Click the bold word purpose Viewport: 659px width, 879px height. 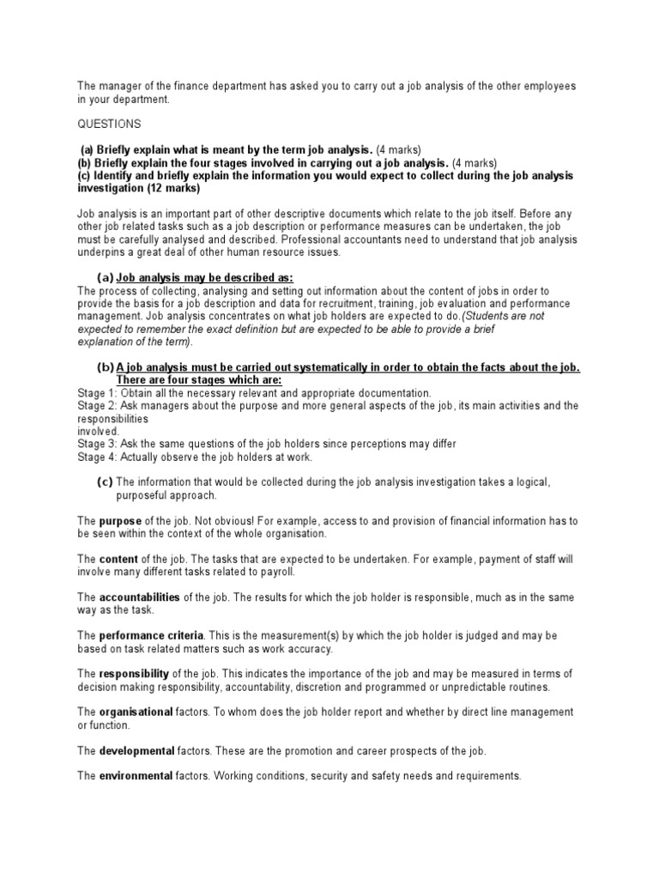120,521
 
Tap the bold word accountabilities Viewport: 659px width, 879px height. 140,597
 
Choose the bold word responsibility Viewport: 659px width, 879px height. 135,673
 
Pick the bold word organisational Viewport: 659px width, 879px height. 136,712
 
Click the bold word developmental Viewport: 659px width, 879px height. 136,751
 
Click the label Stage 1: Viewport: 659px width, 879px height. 97,392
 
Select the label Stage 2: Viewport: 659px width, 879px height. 97,405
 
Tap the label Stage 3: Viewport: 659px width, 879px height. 97,444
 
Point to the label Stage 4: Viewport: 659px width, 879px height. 97,457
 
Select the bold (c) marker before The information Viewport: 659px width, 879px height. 106,482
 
